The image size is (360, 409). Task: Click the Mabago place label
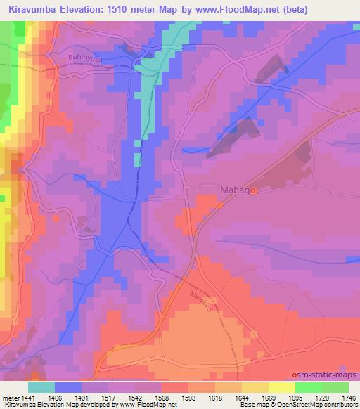239,190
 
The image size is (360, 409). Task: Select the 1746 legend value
349,398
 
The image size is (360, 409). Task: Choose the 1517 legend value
110,398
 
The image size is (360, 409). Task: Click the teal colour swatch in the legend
41,387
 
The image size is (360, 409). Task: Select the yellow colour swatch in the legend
281,387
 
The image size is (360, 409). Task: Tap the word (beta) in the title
312,8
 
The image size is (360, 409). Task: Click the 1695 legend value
295,398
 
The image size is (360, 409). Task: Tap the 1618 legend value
216,398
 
